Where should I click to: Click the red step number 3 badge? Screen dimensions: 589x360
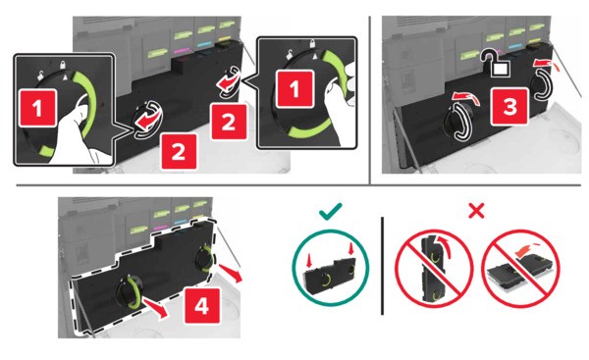509,106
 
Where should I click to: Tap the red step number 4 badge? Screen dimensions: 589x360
202,306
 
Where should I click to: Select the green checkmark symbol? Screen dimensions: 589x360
331,211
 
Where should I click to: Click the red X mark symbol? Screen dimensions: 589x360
476,211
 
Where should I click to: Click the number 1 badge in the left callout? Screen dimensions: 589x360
37,108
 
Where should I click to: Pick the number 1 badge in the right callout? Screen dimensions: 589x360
294,88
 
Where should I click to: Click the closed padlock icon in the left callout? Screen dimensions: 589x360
63,64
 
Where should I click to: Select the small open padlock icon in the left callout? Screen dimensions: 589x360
40,76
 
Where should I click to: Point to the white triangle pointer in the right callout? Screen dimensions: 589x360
315,57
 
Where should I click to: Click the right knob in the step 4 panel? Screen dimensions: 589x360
205,259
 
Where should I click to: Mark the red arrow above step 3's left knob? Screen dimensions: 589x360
465,98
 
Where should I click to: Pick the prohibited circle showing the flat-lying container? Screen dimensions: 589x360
520,269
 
